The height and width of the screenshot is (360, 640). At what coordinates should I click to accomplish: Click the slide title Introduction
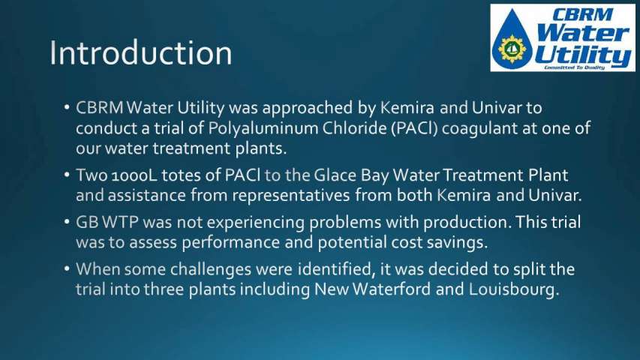click(141, 53)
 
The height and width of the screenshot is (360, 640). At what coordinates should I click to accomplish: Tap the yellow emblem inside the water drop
click(512, 49)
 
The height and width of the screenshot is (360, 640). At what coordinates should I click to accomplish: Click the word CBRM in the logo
click(581, 15)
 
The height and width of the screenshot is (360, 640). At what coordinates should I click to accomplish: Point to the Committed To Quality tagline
click(574, 67)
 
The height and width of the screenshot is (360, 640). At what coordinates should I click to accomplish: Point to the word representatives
click(290, 196)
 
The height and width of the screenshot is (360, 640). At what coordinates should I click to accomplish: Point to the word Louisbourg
click(513, 289)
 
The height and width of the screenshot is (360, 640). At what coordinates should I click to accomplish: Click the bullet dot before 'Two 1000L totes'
click(67, 175)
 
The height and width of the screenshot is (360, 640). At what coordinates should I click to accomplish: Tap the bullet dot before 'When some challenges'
click(67, 269)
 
